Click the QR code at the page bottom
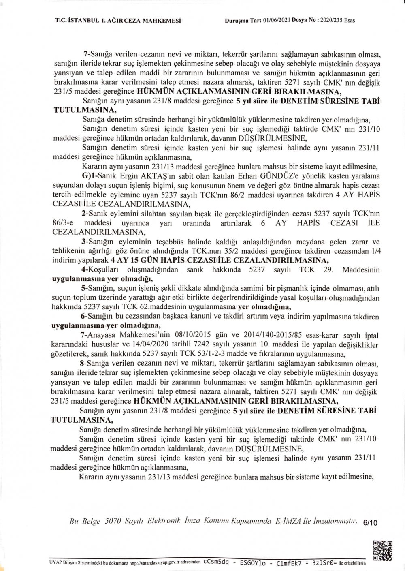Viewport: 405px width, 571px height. (x=382, y=550)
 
